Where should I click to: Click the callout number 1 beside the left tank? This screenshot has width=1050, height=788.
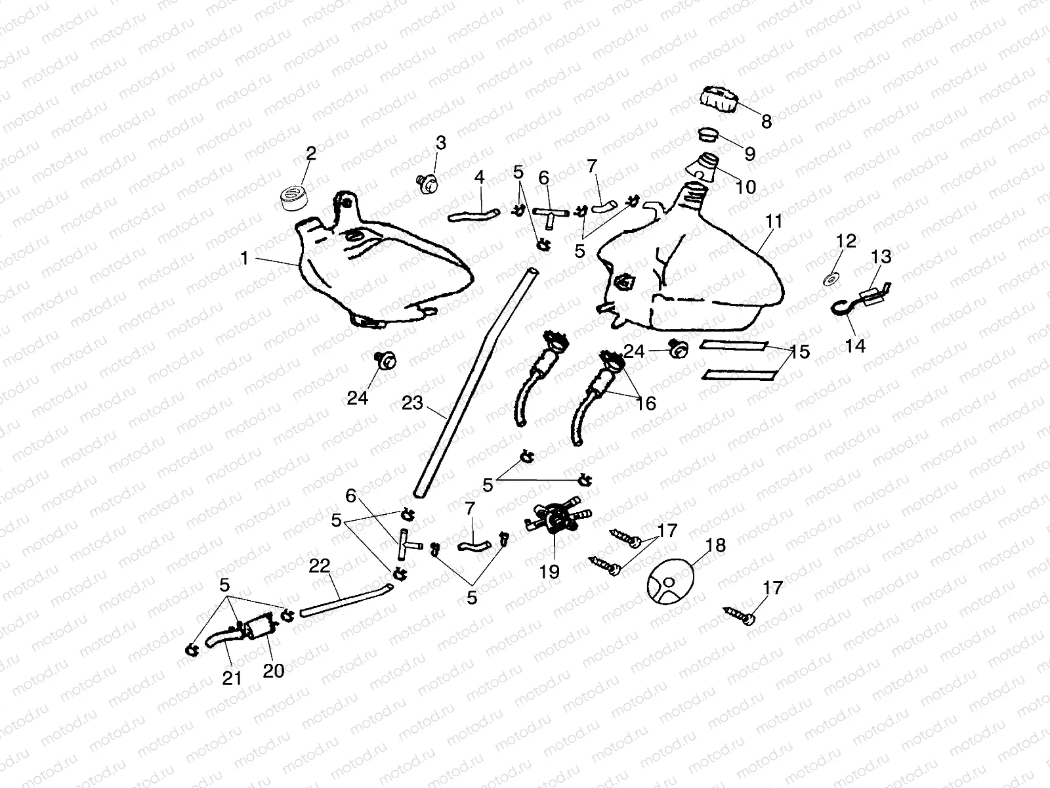[x=245, y=259]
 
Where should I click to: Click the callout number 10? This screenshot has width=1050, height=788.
[x=746, y=187]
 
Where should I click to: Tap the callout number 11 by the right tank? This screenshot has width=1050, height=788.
[x=774, y=221]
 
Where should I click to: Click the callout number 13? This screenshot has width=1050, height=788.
[x=882, y=257]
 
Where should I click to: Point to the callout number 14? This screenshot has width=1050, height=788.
[x=855, y=345]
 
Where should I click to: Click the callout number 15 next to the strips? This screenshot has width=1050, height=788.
[x=800, y=352]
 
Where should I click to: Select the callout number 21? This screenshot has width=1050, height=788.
[x=232, y=678]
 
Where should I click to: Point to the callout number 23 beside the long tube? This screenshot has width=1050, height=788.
[x=413, y=403]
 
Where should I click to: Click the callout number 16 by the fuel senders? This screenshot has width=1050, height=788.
[x=646, y=403]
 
